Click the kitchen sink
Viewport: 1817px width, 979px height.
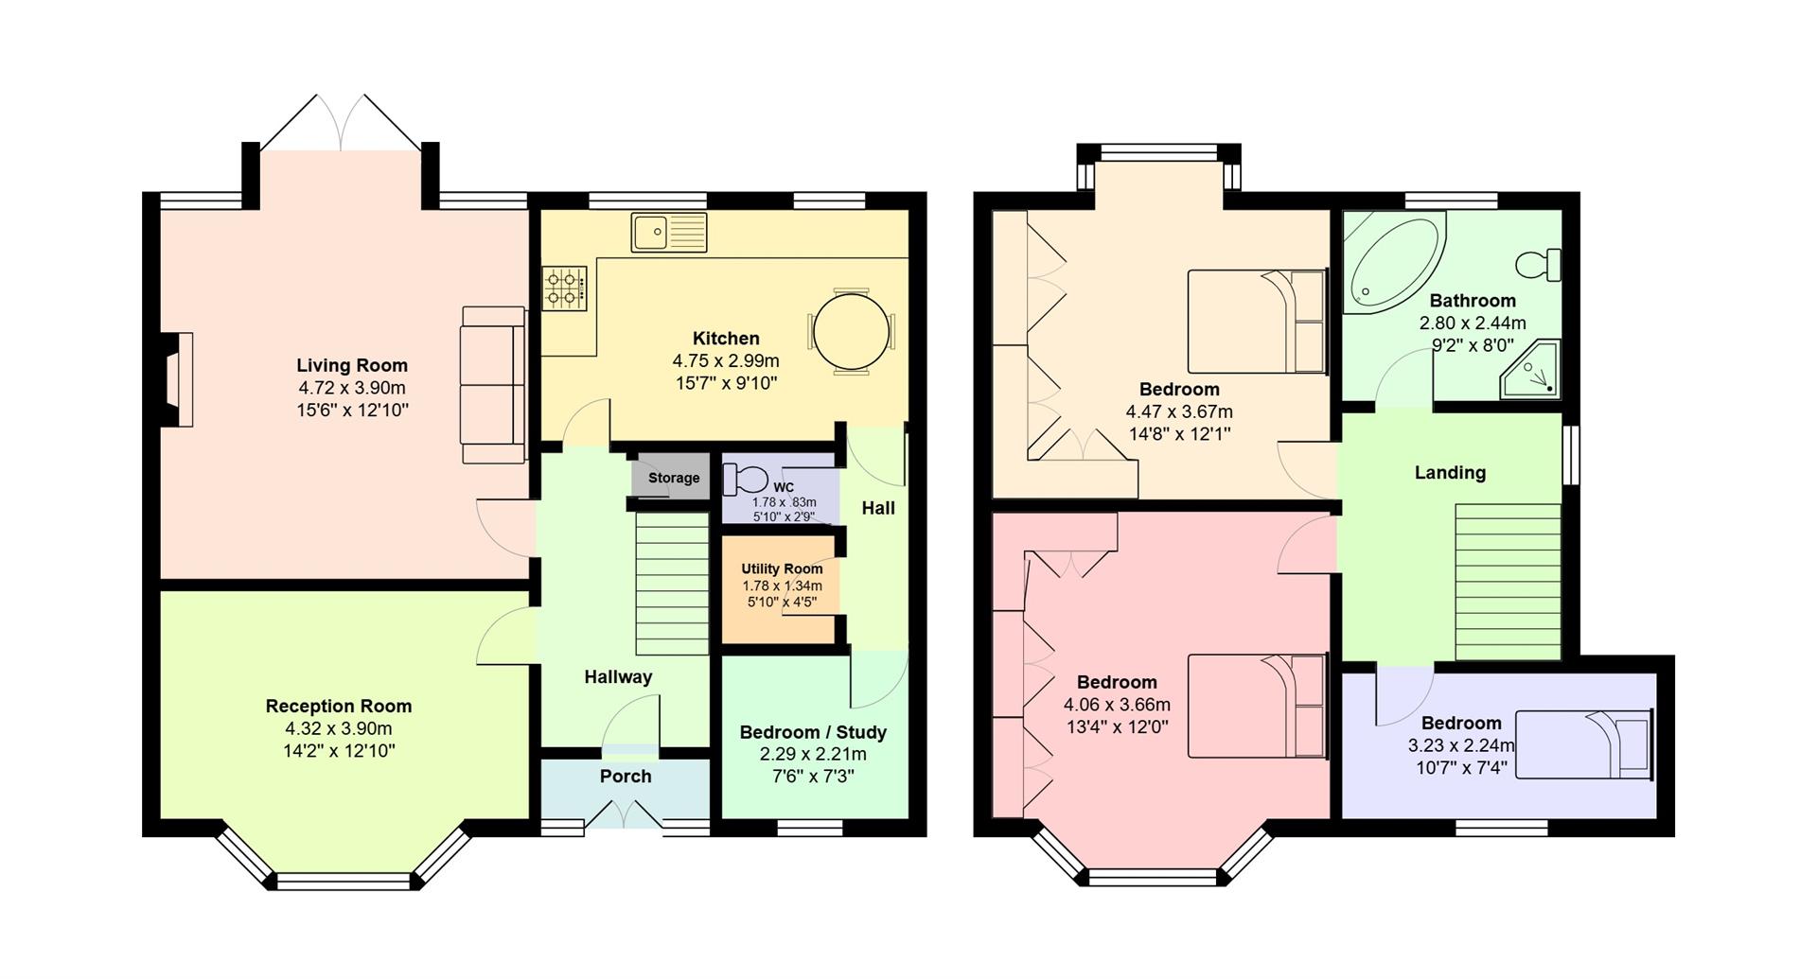(x=669, y=233)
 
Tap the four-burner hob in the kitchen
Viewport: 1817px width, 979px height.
(x=564, y=288)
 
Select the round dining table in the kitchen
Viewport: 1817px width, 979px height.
(x=851, y=333)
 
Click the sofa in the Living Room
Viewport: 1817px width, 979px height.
(x=493, y=384)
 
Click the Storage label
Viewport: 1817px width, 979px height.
(x=674, y=478)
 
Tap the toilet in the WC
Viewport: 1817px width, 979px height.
(x=745, y=479)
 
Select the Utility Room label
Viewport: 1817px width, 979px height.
(x=782, y=568)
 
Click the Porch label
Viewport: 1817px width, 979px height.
(x=626, y=776)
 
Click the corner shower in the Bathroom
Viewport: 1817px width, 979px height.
(x=1530, y=371)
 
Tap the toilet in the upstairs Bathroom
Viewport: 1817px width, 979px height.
(x=1539, y=264)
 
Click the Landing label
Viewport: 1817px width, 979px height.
(x=1450, y=472)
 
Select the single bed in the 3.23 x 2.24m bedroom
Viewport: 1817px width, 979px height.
(x=1583, y=744)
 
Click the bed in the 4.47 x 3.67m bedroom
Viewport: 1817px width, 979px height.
(x=1257, y=322)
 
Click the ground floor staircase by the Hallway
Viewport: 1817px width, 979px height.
(x=672, y=584)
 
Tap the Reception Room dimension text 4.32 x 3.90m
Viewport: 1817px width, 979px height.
(x=338, y=728)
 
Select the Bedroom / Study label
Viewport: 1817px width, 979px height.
(x=813, y=732)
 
